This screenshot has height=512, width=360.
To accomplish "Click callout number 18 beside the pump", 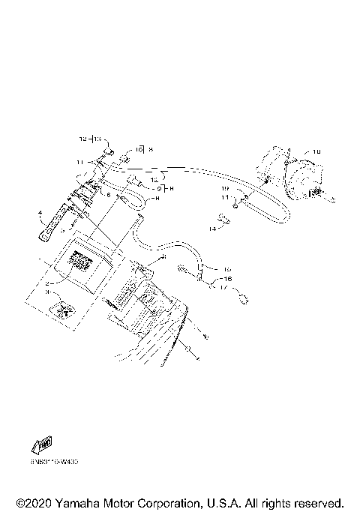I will pos(316,152).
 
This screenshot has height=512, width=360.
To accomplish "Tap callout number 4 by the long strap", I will pos(40,214).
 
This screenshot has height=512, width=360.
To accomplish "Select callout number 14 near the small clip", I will pos(212,228).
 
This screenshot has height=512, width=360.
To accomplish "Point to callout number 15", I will pos(228,269).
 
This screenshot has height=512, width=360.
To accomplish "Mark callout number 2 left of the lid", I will pos(47,284).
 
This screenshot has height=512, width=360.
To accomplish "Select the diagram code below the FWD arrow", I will pos(55,463).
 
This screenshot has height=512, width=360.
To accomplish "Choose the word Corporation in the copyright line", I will pos(174,502).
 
